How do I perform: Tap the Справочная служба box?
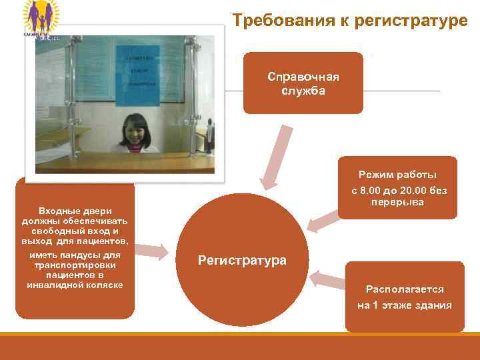click(x=303, y=83)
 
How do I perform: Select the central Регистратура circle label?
click(x=243, y=260)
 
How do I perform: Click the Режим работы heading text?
click(x=397, y=175)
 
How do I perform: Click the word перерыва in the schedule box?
click(x=397, y=202)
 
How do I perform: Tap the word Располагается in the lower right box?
click(x=405, y=289)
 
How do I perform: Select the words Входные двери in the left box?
click(x=75, y=211)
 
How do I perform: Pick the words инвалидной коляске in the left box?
click(x=75, y=285)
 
